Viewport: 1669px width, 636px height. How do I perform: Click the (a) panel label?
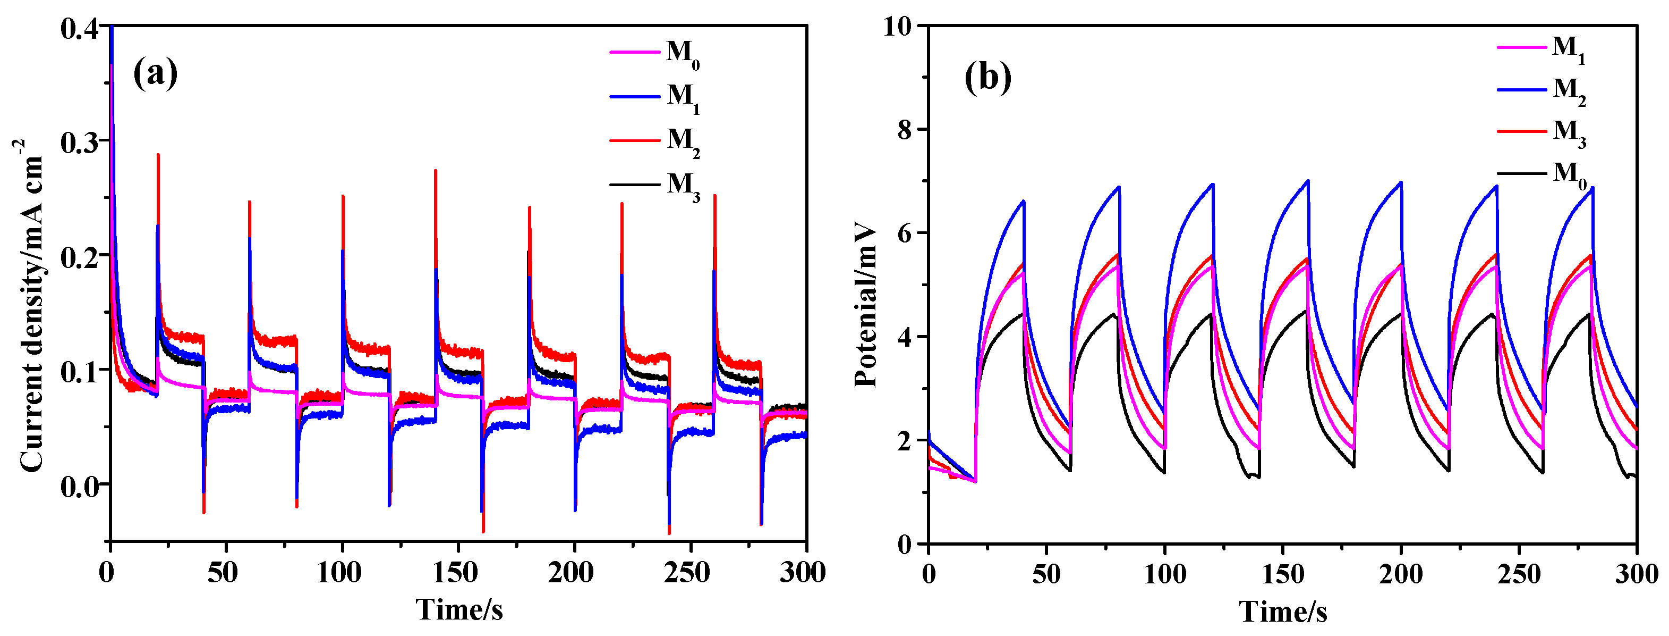pyautogui.click(x=155, y=73)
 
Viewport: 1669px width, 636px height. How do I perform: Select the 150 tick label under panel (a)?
pyautogui.click(x=455, y=573)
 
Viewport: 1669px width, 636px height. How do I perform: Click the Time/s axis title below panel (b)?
pyautogui.click(x=1283, y=612)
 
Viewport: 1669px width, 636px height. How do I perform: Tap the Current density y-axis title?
pyautogui.click(x=30, y=305)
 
